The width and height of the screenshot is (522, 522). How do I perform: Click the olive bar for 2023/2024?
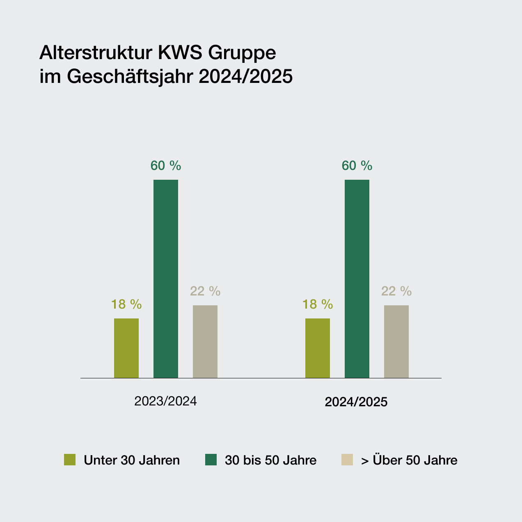click(126, 348)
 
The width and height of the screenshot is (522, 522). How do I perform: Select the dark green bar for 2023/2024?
click(166, 279)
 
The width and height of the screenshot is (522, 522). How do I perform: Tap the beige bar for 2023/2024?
click(205, 341)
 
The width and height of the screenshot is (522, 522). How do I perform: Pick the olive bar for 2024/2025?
click(318, 348)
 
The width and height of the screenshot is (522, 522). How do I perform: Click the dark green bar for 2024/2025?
click(357, 279)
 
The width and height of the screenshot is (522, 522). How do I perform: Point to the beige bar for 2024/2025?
click(396, 341)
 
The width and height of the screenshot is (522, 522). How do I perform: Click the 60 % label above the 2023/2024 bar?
click(166, 166)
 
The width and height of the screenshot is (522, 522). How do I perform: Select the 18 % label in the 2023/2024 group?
click(126, 304)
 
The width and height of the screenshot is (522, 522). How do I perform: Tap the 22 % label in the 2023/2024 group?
click(205, 291)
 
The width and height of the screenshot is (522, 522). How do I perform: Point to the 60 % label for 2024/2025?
click(357, 166)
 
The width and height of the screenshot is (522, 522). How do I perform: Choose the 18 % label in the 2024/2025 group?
click(318, 304)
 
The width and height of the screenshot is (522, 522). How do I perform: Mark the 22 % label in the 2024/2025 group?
click(396, 291)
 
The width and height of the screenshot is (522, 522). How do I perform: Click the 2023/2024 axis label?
click(165, 401)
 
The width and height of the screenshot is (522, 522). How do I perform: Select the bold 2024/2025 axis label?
click(356, 402)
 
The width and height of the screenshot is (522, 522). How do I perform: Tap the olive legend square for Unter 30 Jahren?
click(70, 460)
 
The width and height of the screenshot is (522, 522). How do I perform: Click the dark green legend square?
click(211, 460)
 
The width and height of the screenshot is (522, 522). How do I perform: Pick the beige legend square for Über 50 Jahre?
click(347, 460)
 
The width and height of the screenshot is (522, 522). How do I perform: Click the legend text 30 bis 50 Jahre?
click(271, 460)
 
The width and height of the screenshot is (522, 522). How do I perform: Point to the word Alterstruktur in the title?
click(96, 53)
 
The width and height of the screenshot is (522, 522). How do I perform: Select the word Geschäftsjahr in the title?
click(131, 77)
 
